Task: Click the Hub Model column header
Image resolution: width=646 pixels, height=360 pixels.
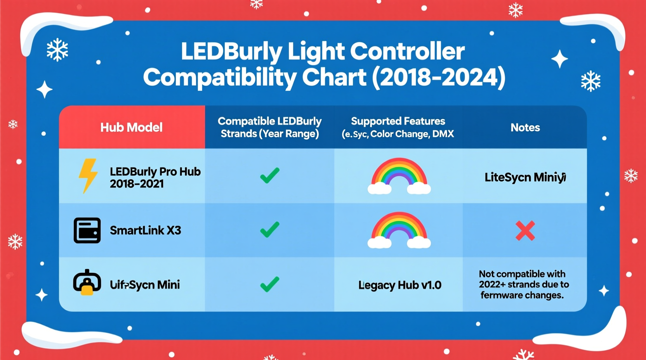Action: coord(131,127)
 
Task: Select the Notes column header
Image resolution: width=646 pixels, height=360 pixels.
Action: coord(525,128)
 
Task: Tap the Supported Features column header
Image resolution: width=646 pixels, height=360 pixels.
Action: coord(398,127)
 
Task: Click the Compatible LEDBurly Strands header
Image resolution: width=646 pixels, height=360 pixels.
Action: coord(269,127)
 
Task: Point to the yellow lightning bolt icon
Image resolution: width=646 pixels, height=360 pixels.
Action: coord(88,175)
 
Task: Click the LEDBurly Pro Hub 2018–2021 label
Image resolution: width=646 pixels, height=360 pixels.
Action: coord(155,177)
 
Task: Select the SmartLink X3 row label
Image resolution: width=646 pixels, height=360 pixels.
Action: coord(145,230)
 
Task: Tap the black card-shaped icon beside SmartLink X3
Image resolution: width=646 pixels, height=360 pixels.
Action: coord(87,230)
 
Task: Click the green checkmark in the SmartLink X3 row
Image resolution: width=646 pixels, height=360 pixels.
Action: coord(269,230)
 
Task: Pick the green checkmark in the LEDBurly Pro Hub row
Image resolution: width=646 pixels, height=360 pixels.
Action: coord(269,176)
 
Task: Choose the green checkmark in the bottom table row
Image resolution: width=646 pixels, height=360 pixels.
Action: coord(269,284)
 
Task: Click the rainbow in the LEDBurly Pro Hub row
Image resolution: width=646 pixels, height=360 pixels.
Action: coord(399,176)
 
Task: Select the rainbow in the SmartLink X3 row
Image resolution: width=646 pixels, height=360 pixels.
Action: coord(399,230)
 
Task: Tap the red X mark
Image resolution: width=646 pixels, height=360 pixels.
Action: coord(525,231)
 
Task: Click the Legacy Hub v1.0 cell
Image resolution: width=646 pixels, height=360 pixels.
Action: coord(399,285)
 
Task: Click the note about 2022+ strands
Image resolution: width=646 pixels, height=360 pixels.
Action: coord(523,284)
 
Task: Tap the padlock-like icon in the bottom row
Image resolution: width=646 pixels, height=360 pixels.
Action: coord(87,282)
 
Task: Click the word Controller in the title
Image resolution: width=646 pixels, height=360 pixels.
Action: coord(407,51)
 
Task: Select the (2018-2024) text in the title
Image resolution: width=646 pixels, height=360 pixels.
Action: coord(439,77)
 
